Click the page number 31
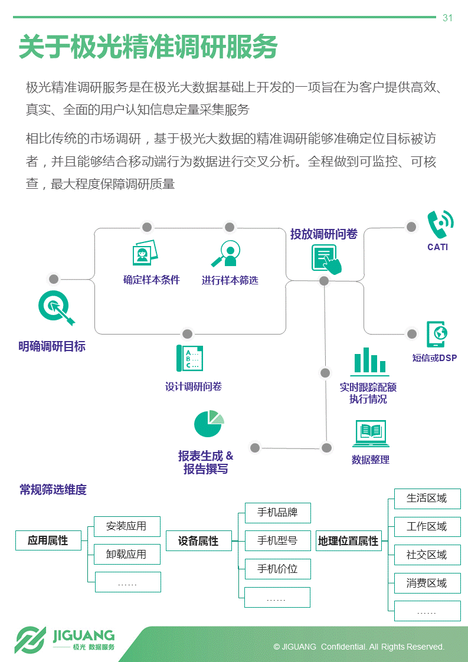click(x=447, y=18)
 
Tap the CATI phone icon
click(x=440, y=224)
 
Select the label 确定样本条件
click(x=151, y=280)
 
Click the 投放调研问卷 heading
click(x=323, y=234)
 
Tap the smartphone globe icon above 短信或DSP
click(x=437, y=334)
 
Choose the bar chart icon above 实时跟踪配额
click(x=369, y=361)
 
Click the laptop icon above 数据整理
click(x=370, y=434)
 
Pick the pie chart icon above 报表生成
click(x=208, y=424)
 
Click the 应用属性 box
click(x=48, y=540)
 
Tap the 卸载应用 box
click(x=126, y=555)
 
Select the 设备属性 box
click(x=198, y=541)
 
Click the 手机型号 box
click(x=277, y=540)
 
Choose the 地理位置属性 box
click(x=348, y=541)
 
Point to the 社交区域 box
click(x=427, y=555)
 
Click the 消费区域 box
click(x=427, y=583)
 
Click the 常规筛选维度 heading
click(x=53, y=490)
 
